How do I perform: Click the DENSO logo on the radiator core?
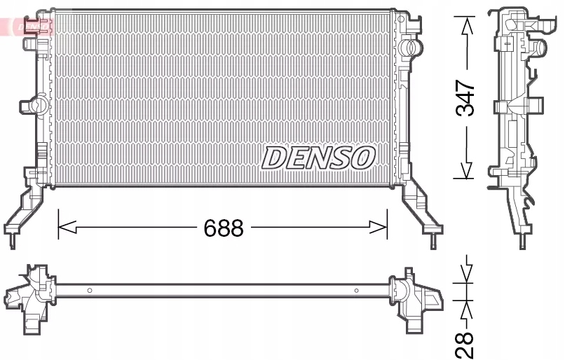318,158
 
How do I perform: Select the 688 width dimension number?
223,228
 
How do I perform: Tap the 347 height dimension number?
465,98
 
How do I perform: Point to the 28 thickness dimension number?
465,343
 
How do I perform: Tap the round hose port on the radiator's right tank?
414,48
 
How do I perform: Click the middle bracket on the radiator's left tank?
29,106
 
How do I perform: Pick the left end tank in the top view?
32,294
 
